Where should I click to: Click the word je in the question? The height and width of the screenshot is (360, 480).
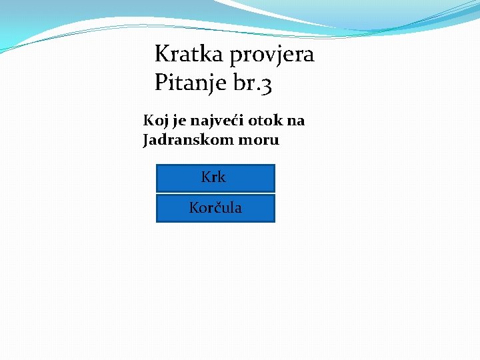point(178,121)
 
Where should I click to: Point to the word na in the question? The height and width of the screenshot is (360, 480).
point(297,121)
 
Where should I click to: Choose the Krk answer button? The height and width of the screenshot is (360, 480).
point(215,177)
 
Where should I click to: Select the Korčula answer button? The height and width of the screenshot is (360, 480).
point(215,208)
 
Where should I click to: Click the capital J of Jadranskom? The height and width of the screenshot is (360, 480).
point(146,140)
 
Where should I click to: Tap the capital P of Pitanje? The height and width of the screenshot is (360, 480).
point(160,83)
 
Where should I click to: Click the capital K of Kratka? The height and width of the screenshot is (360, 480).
point(161,54)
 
